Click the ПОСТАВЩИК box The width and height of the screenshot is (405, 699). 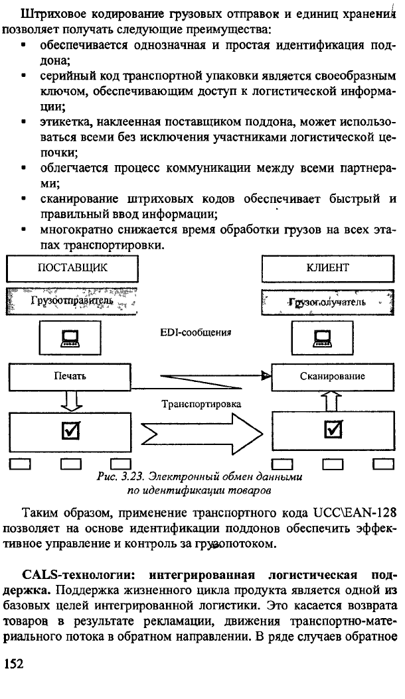72,268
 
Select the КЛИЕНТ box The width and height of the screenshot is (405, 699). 328,268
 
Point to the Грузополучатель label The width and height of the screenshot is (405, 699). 327,302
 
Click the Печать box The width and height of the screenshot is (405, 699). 70,376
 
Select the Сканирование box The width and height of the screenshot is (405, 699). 333,376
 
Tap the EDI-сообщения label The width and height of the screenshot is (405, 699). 196,332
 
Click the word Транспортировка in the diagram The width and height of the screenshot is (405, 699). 201,404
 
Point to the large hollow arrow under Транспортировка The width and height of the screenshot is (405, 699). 202,432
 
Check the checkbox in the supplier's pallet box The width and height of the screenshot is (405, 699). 70,430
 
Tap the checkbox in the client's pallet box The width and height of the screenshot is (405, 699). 333,430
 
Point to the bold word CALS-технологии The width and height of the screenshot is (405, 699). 82,574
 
